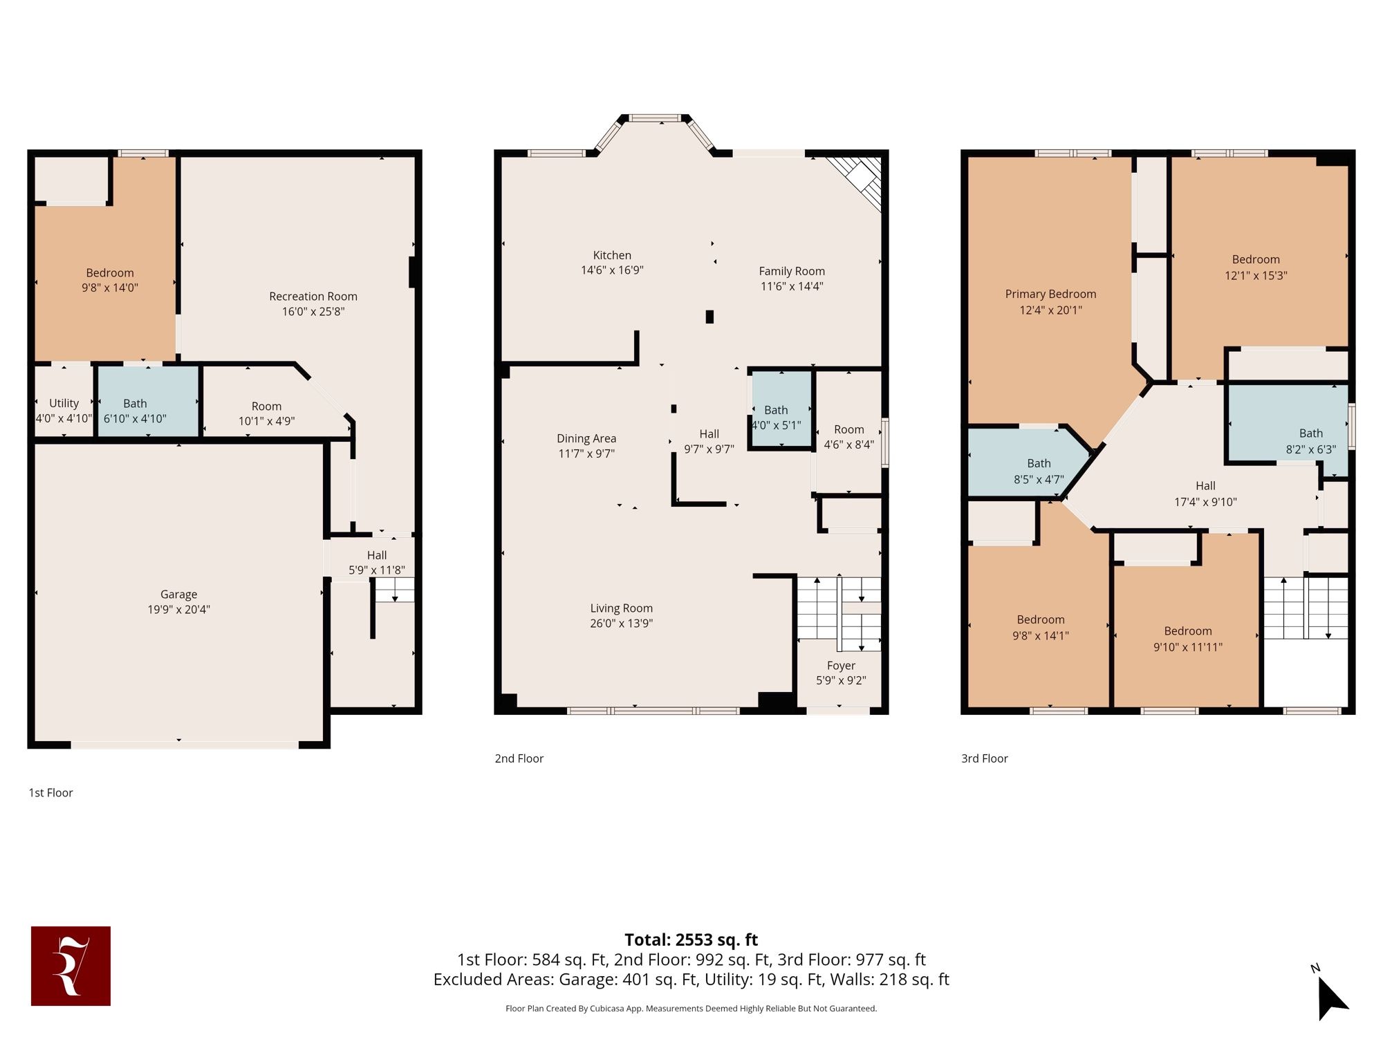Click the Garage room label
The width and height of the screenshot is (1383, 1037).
pos(178,595)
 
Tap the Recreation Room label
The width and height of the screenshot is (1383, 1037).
pos(313,297)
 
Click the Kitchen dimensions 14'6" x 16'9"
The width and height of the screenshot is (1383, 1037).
pos(612,270)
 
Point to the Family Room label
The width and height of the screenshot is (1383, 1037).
pos(792,271)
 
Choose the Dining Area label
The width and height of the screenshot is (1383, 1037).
pos(586,438)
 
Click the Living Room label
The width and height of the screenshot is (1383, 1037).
pos(621,608)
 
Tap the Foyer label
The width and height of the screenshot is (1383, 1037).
pos(841,666)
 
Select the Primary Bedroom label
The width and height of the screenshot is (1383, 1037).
pos(1050,294)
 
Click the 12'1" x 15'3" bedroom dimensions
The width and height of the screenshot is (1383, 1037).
pos(1256,275)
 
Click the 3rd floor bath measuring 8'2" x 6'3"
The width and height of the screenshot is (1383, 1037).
pos(1288,431)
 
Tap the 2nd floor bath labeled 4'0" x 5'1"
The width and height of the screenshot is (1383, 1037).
pos(781,410)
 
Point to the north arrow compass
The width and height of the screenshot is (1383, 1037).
pos(1330,993)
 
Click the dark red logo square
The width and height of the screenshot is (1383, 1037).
pos(71,966)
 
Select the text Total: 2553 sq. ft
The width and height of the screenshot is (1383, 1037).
pos(691,940)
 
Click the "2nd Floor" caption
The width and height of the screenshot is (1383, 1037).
pos(519,758)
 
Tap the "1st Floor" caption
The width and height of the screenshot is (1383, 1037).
pos(50,793)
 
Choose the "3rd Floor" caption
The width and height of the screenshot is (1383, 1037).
pos(985,758)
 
